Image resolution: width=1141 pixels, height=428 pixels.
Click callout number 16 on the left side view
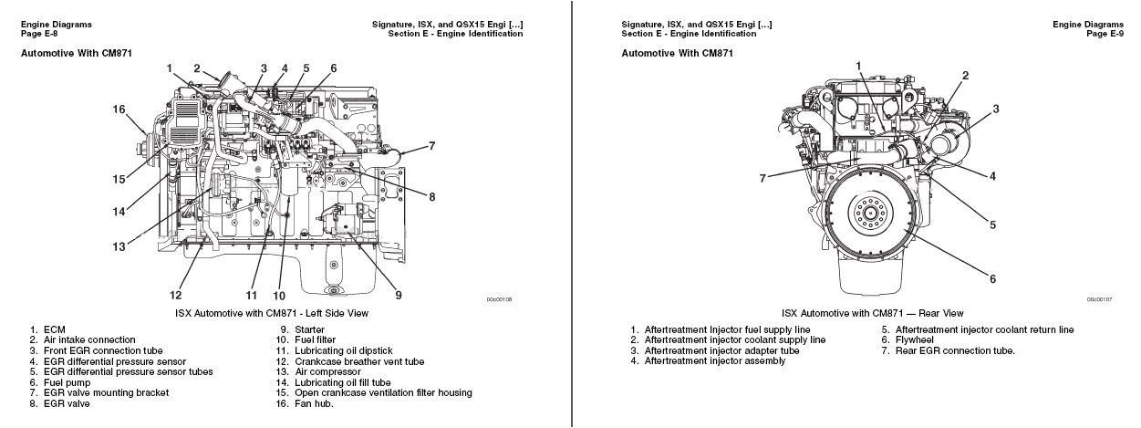pos(119,110)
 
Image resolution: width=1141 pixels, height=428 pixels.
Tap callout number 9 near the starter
pos(398,294)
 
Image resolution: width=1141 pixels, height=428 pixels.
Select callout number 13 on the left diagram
pos(119,246)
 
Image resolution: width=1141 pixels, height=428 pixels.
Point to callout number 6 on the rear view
pos(992,279)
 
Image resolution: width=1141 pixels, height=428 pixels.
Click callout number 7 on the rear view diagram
pos(762,178)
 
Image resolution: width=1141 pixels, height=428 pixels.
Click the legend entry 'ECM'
pos(53,329)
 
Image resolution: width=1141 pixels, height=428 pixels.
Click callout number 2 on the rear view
pos(965,75)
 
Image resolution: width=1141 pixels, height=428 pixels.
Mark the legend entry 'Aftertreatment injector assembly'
pos(714,360)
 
